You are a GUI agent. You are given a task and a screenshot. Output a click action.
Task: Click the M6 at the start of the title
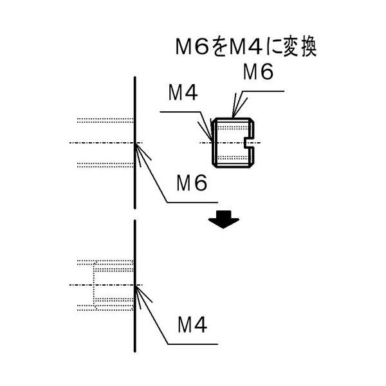pos(192,47)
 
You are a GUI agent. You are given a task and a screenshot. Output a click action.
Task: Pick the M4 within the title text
pos(246,47)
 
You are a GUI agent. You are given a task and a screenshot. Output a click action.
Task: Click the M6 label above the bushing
pos(258,71)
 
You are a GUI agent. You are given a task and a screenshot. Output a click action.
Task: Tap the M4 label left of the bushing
pos(183,93)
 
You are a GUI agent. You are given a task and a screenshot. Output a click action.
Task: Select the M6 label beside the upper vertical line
pos(192,183)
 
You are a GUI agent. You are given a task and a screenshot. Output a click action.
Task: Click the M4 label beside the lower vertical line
pos(192,325)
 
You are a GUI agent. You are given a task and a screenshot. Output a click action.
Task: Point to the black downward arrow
pos(223,219)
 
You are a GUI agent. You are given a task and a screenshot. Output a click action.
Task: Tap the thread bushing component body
pos(233,143)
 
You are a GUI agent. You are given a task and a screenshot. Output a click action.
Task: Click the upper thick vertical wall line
pos(135,143)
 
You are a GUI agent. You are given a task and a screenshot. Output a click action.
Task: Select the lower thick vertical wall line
pos(135,286)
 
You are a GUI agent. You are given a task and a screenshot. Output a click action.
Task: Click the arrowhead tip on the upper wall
pos(135,143)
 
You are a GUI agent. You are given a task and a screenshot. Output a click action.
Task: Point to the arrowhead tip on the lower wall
pos(135,286)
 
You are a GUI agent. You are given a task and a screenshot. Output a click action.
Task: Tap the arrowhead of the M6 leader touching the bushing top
pos(233,117)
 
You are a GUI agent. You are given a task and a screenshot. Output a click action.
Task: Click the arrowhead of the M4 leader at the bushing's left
pos(212,141)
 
